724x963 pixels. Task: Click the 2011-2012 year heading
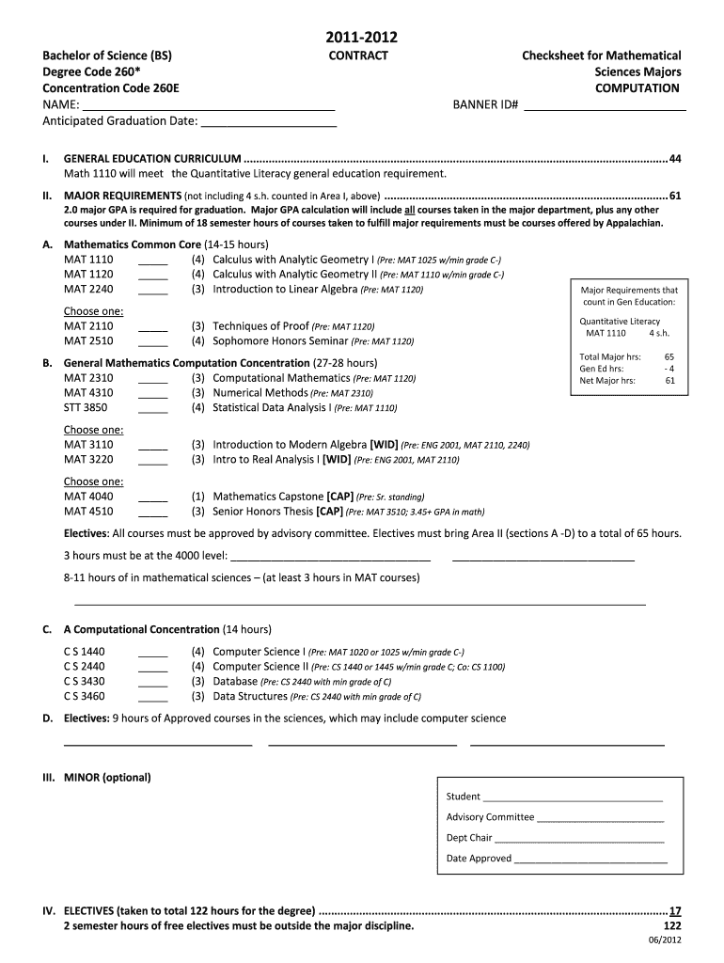(x=361, y=38)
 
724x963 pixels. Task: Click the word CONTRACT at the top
(x=357, y=56)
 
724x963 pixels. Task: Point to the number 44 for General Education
(x=674, y=158)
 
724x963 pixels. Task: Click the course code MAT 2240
(x=88, y=290)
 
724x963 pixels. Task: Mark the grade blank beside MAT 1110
(x=153, y=260)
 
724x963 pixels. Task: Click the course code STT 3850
(x=86, y=408)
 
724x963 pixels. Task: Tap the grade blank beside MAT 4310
(x=153, y=393)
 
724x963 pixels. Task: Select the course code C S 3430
(x=85, y=682)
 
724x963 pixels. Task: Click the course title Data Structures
(x=250, y=697)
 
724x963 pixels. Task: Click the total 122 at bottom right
(x=671, y=925)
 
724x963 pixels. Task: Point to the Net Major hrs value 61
(x=669, y=381)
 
